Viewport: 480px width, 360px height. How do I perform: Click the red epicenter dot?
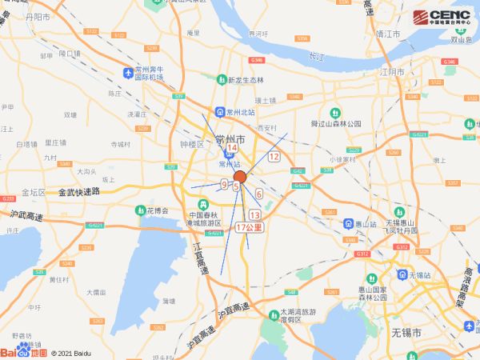click(x=239, y=177)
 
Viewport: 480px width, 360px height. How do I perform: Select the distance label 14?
click(x=232, y=149)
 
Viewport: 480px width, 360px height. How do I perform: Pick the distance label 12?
click(x=274, y=157)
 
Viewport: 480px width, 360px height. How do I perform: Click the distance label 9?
click(x=223, y=184)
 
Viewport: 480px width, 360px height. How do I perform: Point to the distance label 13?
click(x=255, y=215)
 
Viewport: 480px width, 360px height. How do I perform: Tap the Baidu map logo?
click(x=24, y=351)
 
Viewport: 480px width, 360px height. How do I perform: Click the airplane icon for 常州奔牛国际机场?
click(x=128, y=74)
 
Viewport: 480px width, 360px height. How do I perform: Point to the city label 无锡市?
click(x=406, y=331)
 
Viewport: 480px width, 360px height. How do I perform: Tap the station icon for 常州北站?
click(x=218, y=112)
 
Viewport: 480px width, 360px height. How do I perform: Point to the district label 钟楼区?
click(x=193, y=145)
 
